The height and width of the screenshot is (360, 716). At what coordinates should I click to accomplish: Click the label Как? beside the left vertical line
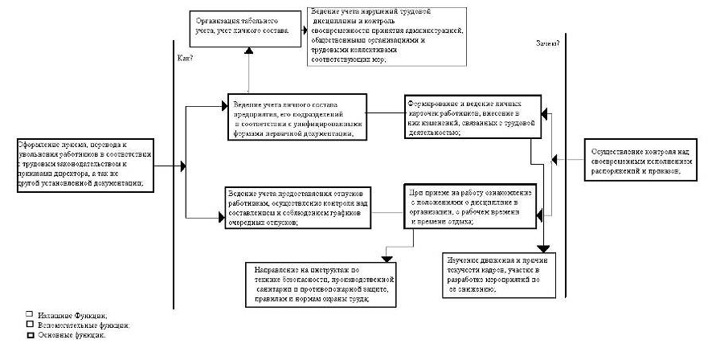185,59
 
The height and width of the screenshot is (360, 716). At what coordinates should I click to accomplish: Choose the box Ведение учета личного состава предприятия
297,118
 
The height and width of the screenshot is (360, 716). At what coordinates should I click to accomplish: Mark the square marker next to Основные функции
30,335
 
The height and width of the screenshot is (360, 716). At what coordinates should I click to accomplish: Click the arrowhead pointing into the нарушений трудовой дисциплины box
306,30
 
